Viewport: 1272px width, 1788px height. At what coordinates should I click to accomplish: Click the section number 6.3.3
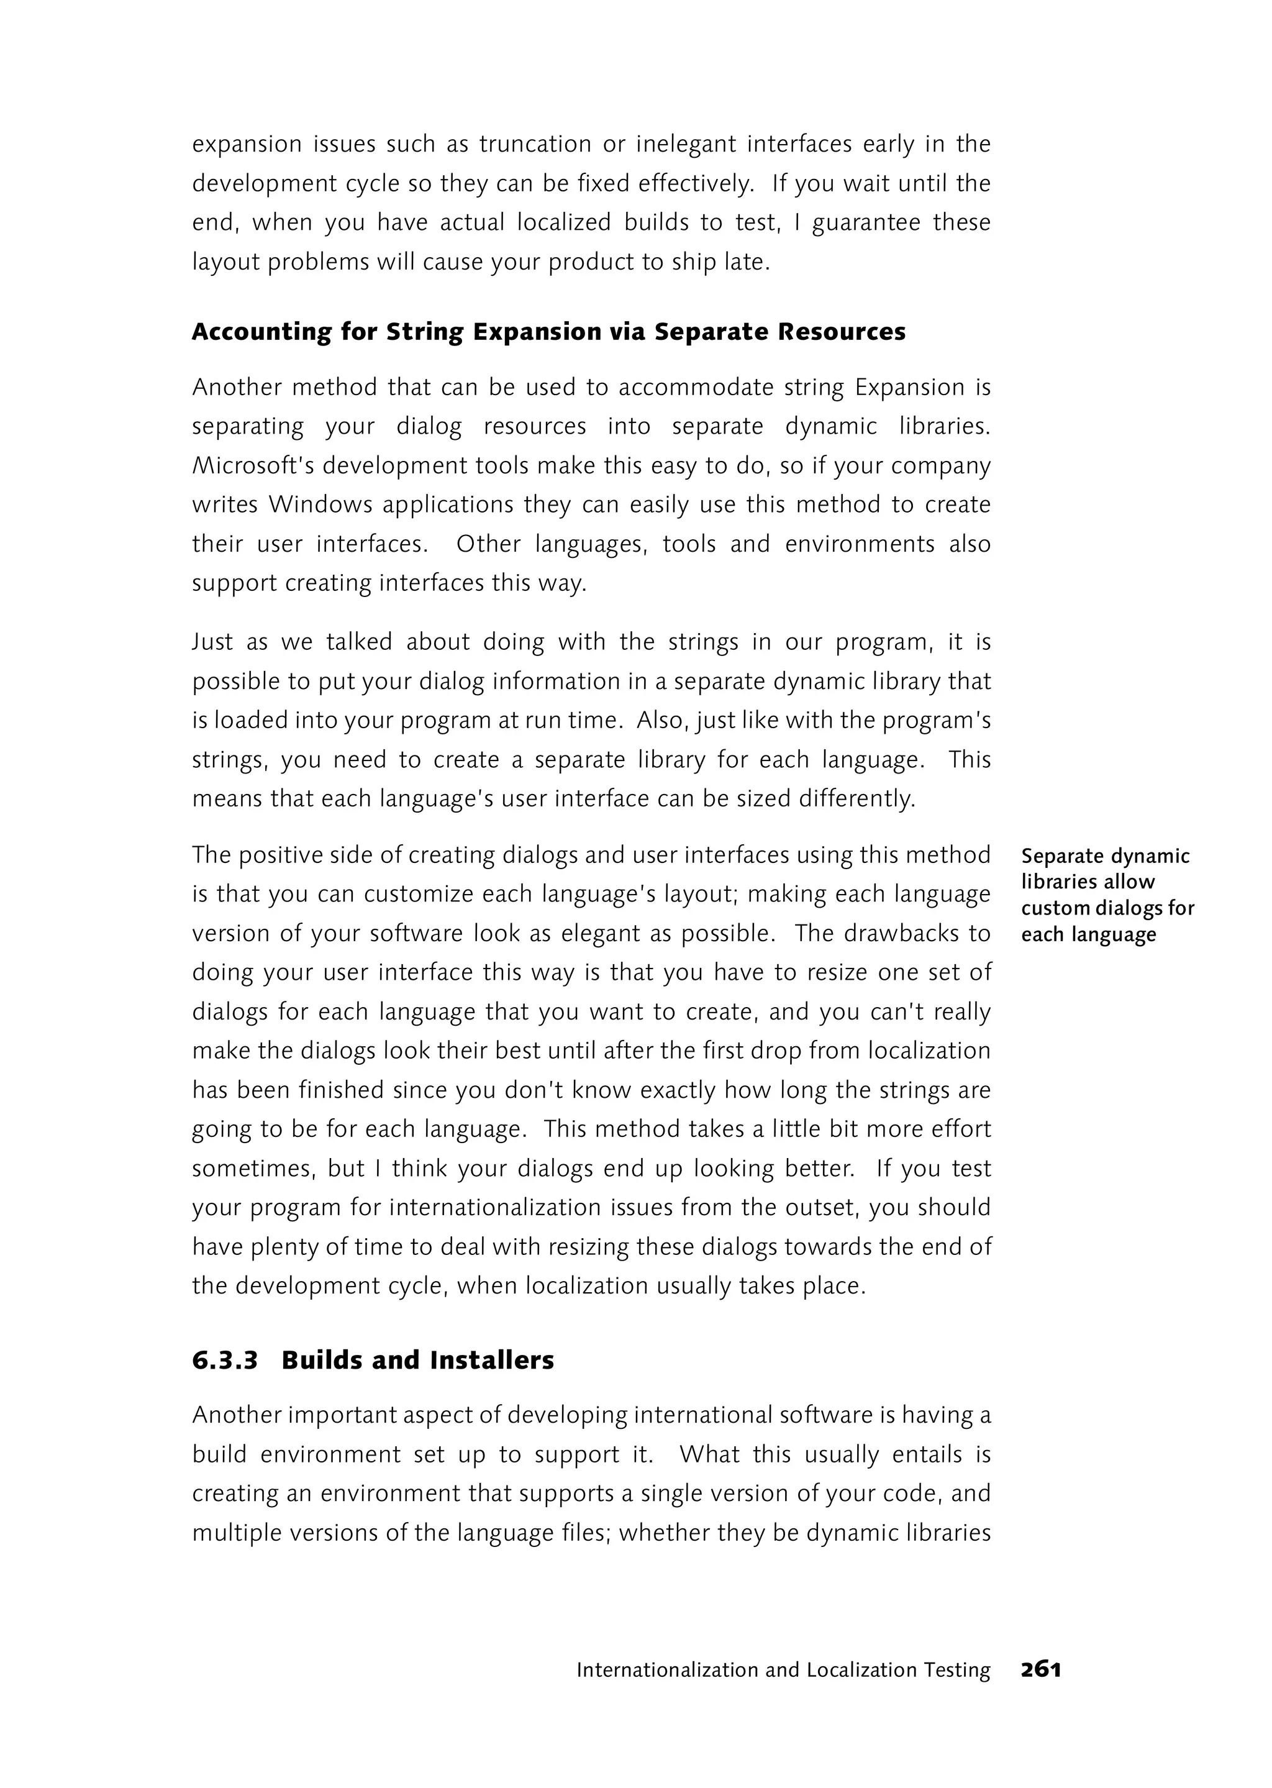pos(225,1360)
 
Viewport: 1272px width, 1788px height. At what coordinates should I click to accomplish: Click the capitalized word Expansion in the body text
pos(909,388)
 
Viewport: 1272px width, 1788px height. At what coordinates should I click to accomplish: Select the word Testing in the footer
pos(956,1671)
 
